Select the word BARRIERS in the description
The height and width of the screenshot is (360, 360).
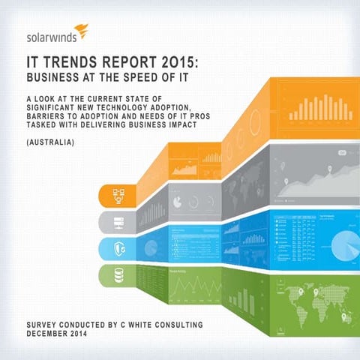tap(46, 115)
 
